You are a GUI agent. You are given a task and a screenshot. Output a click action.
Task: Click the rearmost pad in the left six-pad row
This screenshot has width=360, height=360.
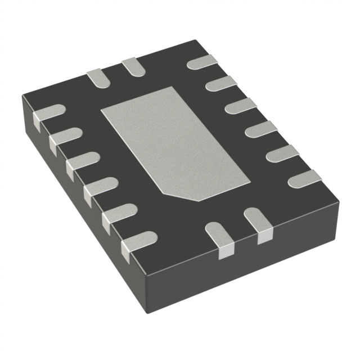(x=48, y=113)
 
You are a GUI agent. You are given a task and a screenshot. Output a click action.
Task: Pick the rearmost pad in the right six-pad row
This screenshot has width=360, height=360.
(x=203, y=62)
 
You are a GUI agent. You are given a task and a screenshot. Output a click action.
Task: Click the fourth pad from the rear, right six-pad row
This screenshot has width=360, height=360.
(x=261, y=130)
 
